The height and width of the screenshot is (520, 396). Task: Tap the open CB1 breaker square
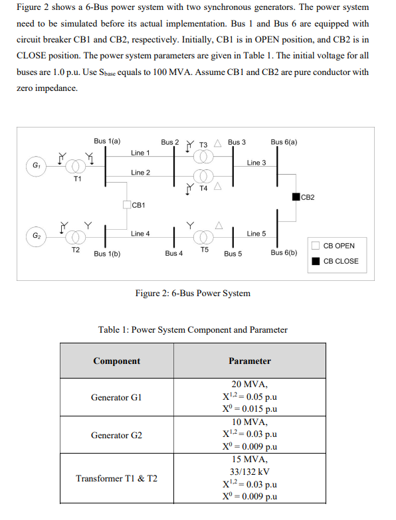point(128,205)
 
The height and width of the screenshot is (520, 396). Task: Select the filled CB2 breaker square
point(296,197)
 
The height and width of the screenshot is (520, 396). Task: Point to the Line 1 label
point(140,153)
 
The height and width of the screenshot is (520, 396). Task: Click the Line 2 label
point(140,173)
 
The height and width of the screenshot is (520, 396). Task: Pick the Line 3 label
point(256,163)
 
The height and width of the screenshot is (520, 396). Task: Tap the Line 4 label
point(140,234)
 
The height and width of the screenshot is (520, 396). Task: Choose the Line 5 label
point(256,234)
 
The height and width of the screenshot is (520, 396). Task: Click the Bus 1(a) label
point(107,141)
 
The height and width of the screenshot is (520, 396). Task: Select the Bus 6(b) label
point(284,253)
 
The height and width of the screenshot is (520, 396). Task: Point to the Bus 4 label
point(174,254)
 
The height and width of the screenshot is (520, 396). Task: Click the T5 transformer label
point(205,250)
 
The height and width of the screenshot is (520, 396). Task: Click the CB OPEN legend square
point(316,246)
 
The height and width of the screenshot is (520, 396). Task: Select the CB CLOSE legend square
point(316,261)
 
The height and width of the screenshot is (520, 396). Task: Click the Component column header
point(116,361)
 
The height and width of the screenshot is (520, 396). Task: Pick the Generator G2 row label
point(116,435)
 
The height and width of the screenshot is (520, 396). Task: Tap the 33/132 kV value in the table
point(249,472)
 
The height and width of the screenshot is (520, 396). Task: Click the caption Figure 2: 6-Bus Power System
point(193,293)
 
